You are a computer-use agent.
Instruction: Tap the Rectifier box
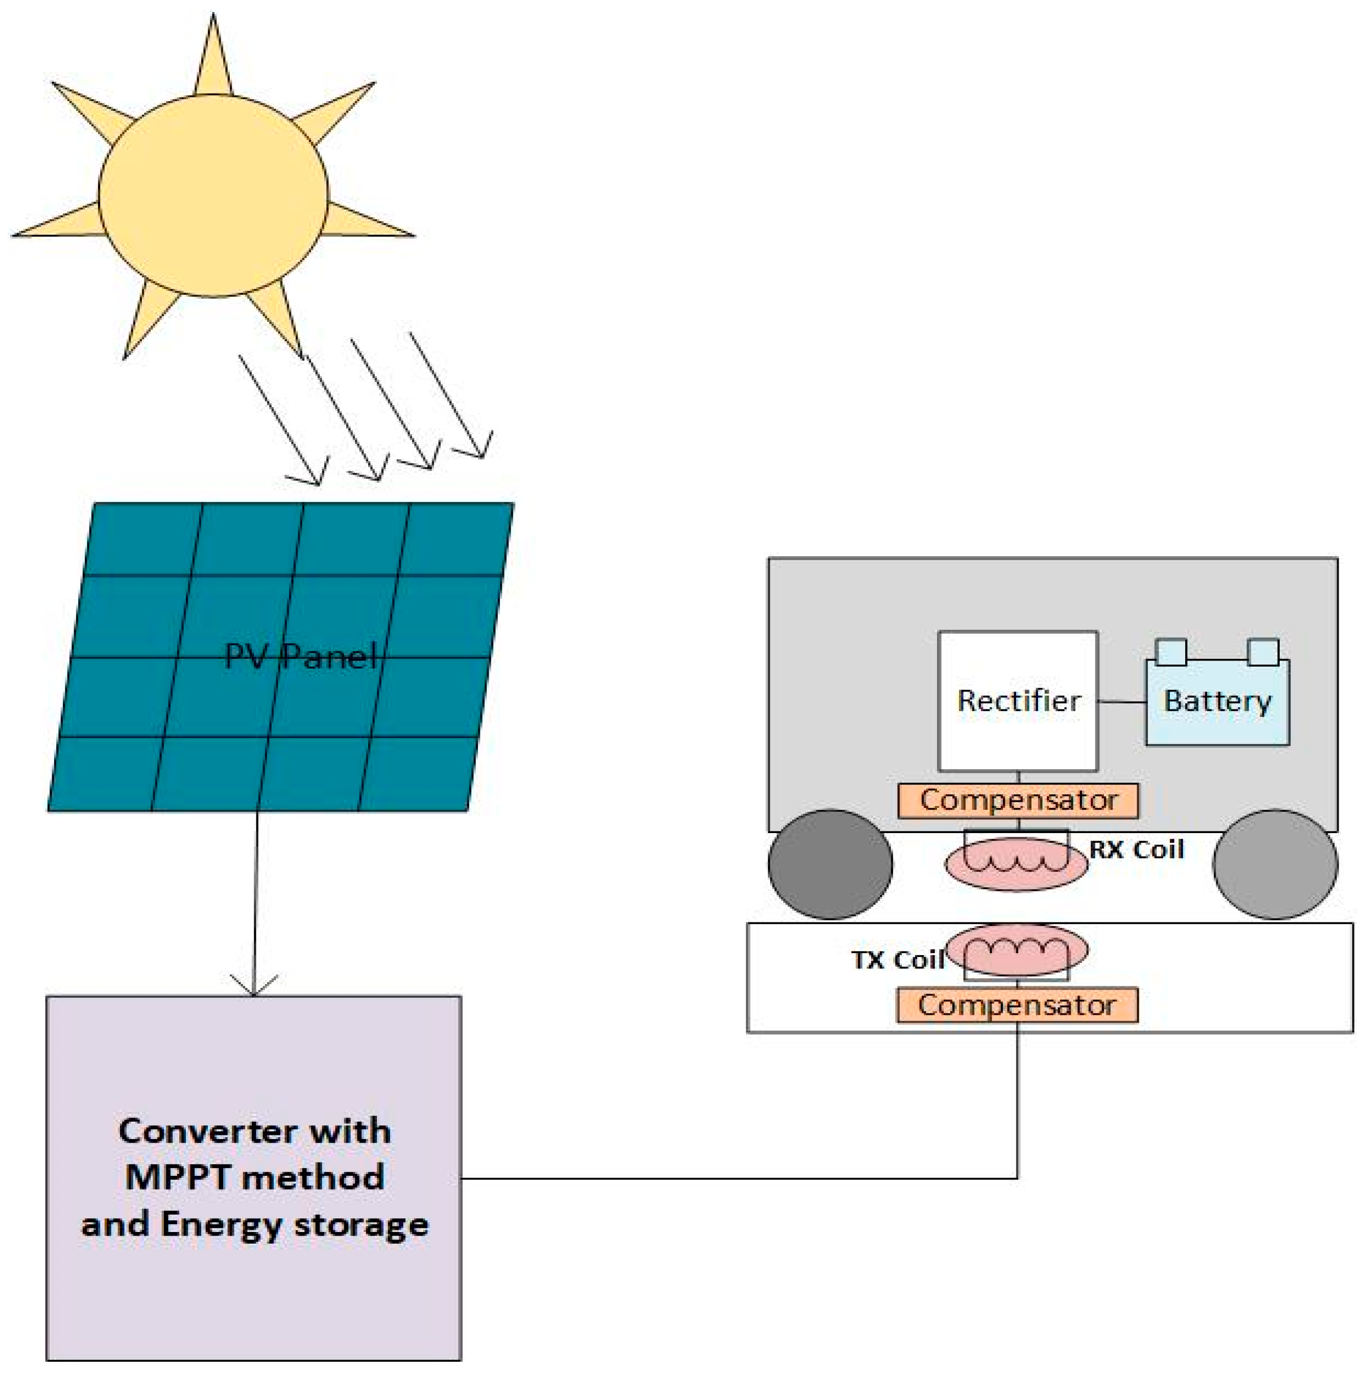tap(1018, 700)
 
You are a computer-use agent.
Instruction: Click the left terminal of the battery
tap(1171, 651)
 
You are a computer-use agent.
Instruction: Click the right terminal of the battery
tap(1263, 651)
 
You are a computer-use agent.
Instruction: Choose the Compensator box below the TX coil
tap(1017, 1005)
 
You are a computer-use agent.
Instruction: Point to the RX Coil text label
tap(1136, 849)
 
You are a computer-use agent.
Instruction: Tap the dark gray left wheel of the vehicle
tap(830, 864)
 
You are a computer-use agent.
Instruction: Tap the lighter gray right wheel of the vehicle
tap(1275, 864)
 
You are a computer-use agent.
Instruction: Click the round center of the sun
tap(213, 196)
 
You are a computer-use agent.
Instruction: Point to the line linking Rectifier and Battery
tap(1121, 702)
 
